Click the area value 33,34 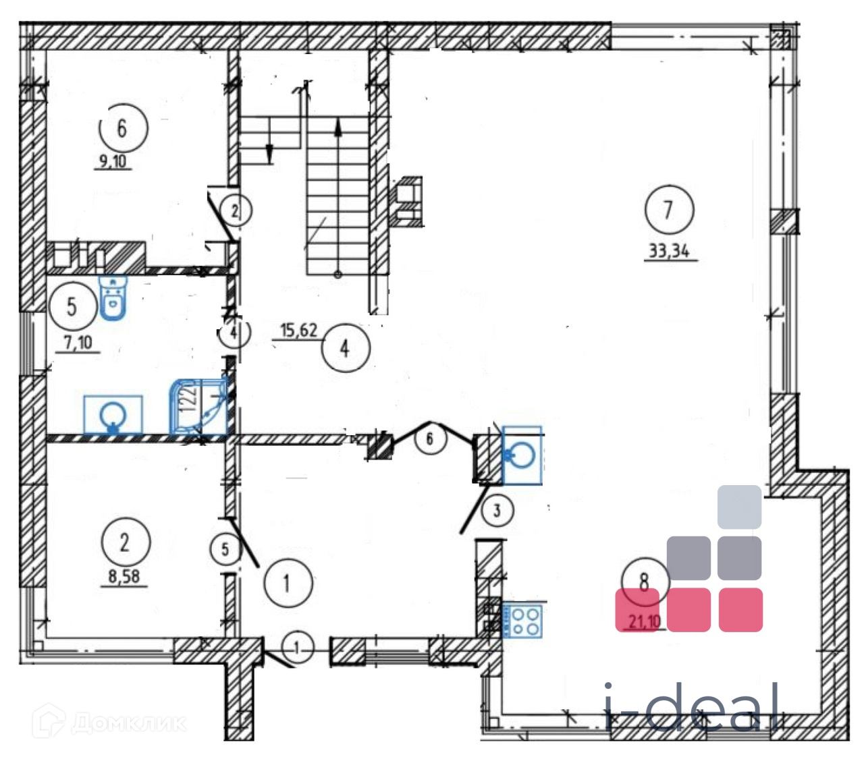(x=669, y=251)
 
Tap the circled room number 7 (x=668, y=210)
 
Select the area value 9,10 (x=113, y=161)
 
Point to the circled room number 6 (x=122, y=128)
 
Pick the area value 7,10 (x=78, y=343)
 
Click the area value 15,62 (x=298, y=330)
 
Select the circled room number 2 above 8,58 (x=125, y=542)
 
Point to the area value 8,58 (x=124, y=577)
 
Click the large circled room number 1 (x=288, y=583)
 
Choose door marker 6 (x=429, y=439)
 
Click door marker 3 (x=497, y=510)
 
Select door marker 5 (x=225, y=549)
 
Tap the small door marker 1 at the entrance (x=297, y=648)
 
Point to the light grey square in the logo (x=739, y=507)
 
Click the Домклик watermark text (x=128, y=724)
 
